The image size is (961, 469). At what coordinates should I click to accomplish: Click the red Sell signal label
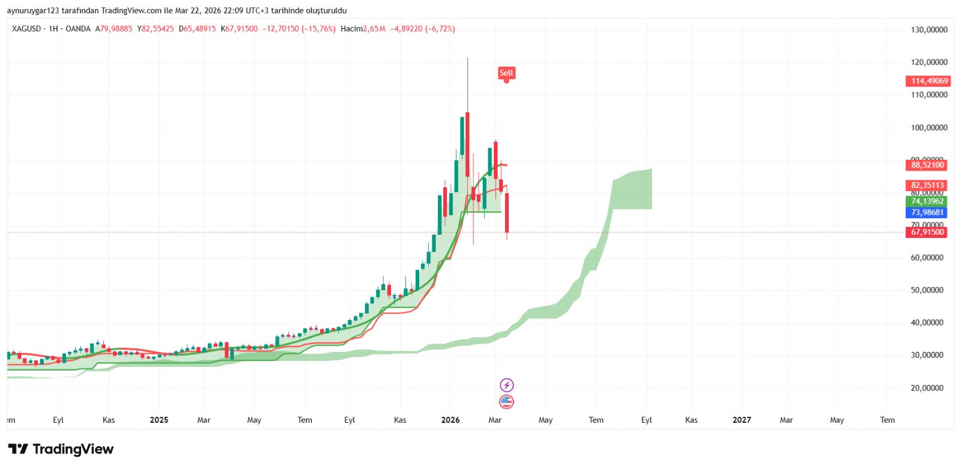506,73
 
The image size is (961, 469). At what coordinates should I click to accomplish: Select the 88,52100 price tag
927,165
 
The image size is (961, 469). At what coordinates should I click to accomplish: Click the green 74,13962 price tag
927,201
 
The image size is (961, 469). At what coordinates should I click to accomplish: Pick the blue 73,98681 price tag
927,213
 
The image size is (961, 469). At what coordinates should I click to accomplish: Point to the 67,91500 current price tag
927,232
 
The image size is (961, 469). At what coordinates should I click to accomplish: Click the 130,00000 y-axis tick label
929,29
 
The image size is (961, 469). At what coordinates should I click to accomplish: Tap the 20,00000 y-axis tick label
929,388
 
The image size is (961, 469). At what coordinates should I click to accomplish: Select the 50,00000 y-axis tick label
929,290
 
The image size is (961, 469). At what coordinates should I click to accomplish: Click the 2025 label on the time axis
159,420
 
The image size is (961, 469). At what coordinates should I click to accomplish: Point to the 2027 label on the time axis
742,420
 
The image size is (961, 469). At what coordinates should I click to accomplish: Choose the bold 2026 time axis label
450,420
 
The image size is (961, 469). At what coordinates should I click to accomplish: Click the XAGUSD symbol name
26,29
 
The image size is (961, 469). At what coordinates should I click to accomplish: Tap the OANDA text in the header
78,29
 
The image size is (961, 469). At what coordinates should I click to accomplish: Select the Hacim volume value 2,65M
374,29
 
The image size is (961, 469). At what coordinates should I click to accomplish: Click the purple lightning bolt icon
507,385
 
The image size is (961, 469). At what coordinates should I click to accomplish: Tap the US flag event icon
507,402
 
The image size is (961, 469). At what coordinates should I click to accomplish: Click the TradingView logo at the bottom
61,449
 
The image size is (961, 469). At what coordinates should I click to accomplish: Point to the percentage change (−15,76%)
318,29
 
